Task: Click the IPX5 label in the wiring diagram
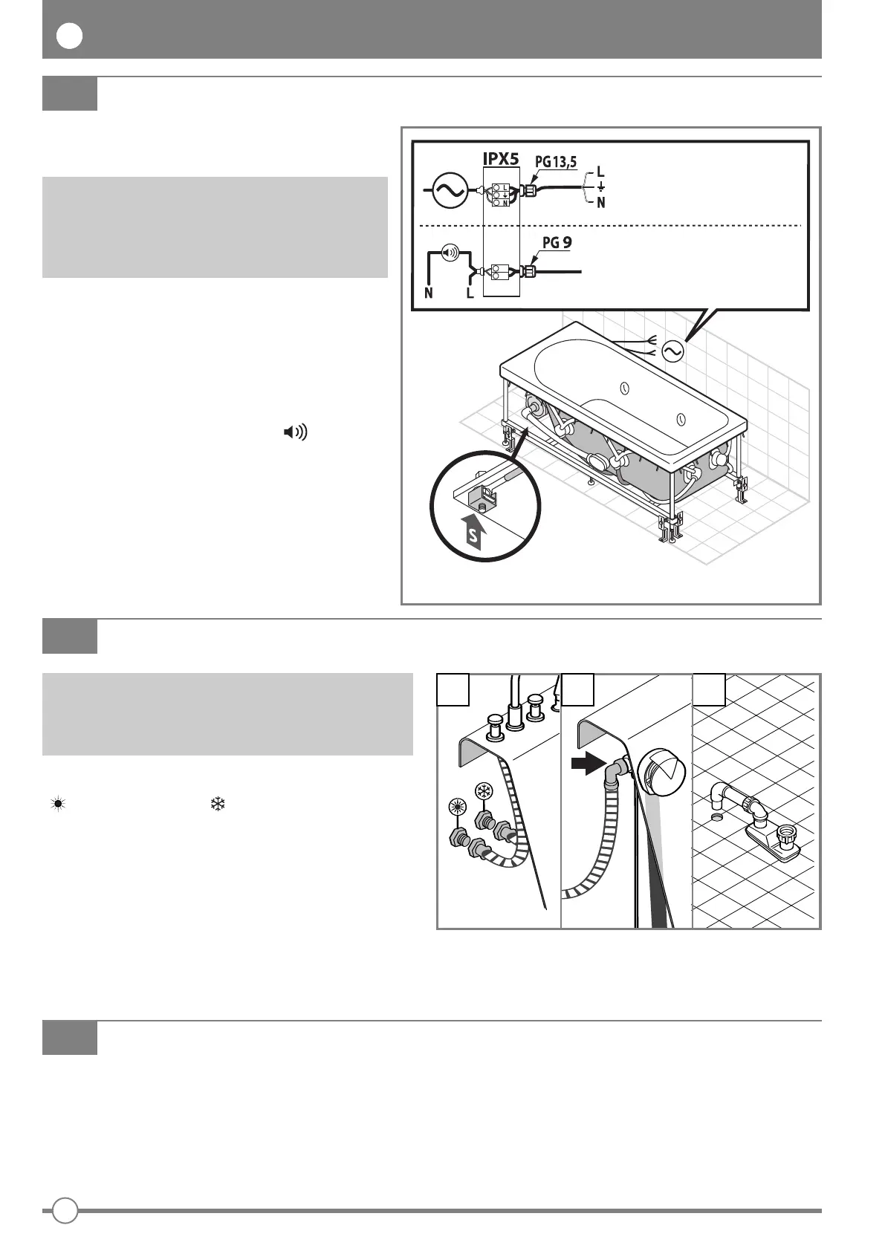[502, 158]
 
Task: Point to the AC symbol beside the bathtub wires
[672, 351]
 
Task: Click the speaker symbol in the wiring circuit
[450, 252]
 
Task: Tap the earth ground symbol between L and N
[600, 187]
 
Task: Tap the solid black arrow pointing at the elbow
[586, 764]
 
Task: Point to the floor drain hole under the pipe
[716, 817]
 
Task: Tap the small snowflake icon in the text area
[218, 803]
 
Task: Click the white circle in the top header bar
[69, 36]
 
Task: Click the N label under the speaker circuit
[429, 293]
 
